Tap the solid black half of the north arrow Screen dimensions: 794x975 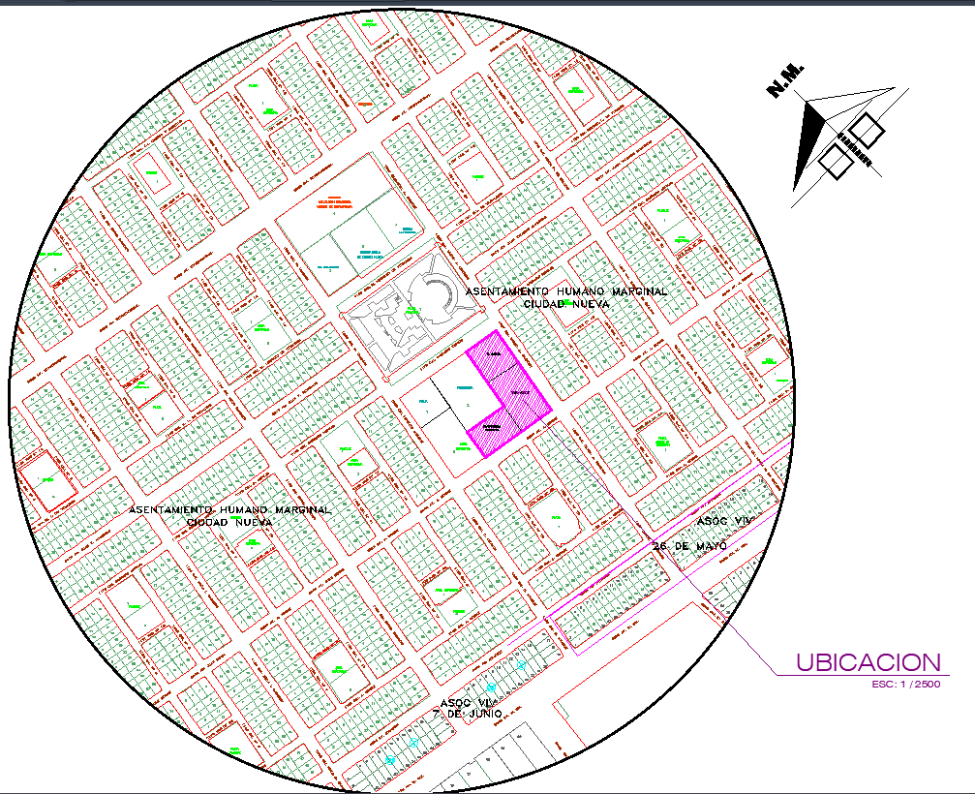coord(808,140)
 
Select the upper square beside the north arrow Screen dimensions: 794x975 coord(866,130)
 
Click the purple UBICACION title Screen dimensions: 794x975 coord(868,662)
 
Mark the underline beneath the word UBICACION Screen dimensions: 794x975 coord(862,675)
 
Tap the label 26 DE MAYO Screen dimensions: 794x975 coord(689,546)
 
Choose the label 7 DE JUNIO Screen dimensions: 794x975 coord(468,714)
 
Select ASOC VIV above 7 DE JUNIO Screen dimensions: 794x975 coord(467,701)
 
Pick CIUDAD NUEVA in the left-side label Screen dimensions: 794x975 coord(229,522)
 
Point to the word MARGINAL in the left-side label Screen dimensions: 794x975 coord(301,509)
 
